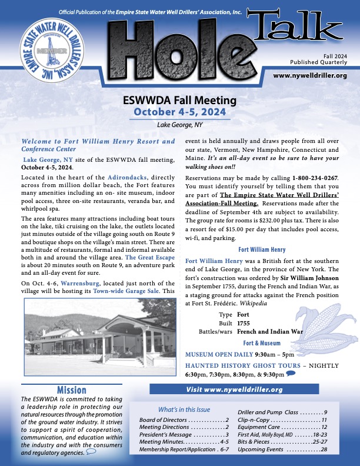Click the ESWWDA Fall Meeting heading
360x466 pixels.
179,101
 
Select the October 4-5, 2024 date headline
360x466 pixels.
179,112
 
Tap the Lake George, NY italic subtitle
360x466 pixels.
179,125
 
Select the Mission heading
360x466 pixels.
72,390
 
